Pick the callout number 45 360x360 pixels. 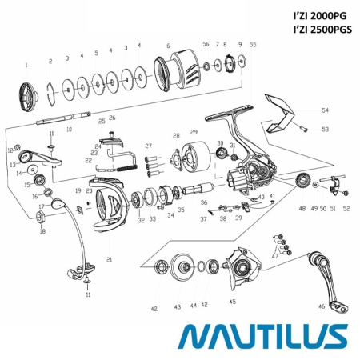(x=232, y=302)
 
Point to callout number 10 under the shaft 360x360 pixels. (x=69, y=128)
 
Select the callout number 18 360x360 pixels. (x=42, y=232)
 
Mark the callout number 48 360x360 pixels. (x=302, y=208)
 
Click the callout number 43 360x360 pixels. (x=177, y=306)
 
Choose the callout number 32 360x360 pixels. (x=141, y=220)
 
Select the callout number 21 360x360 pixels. (x=109, y=259)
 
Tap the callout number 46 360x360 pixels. (x=321, y=306)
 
